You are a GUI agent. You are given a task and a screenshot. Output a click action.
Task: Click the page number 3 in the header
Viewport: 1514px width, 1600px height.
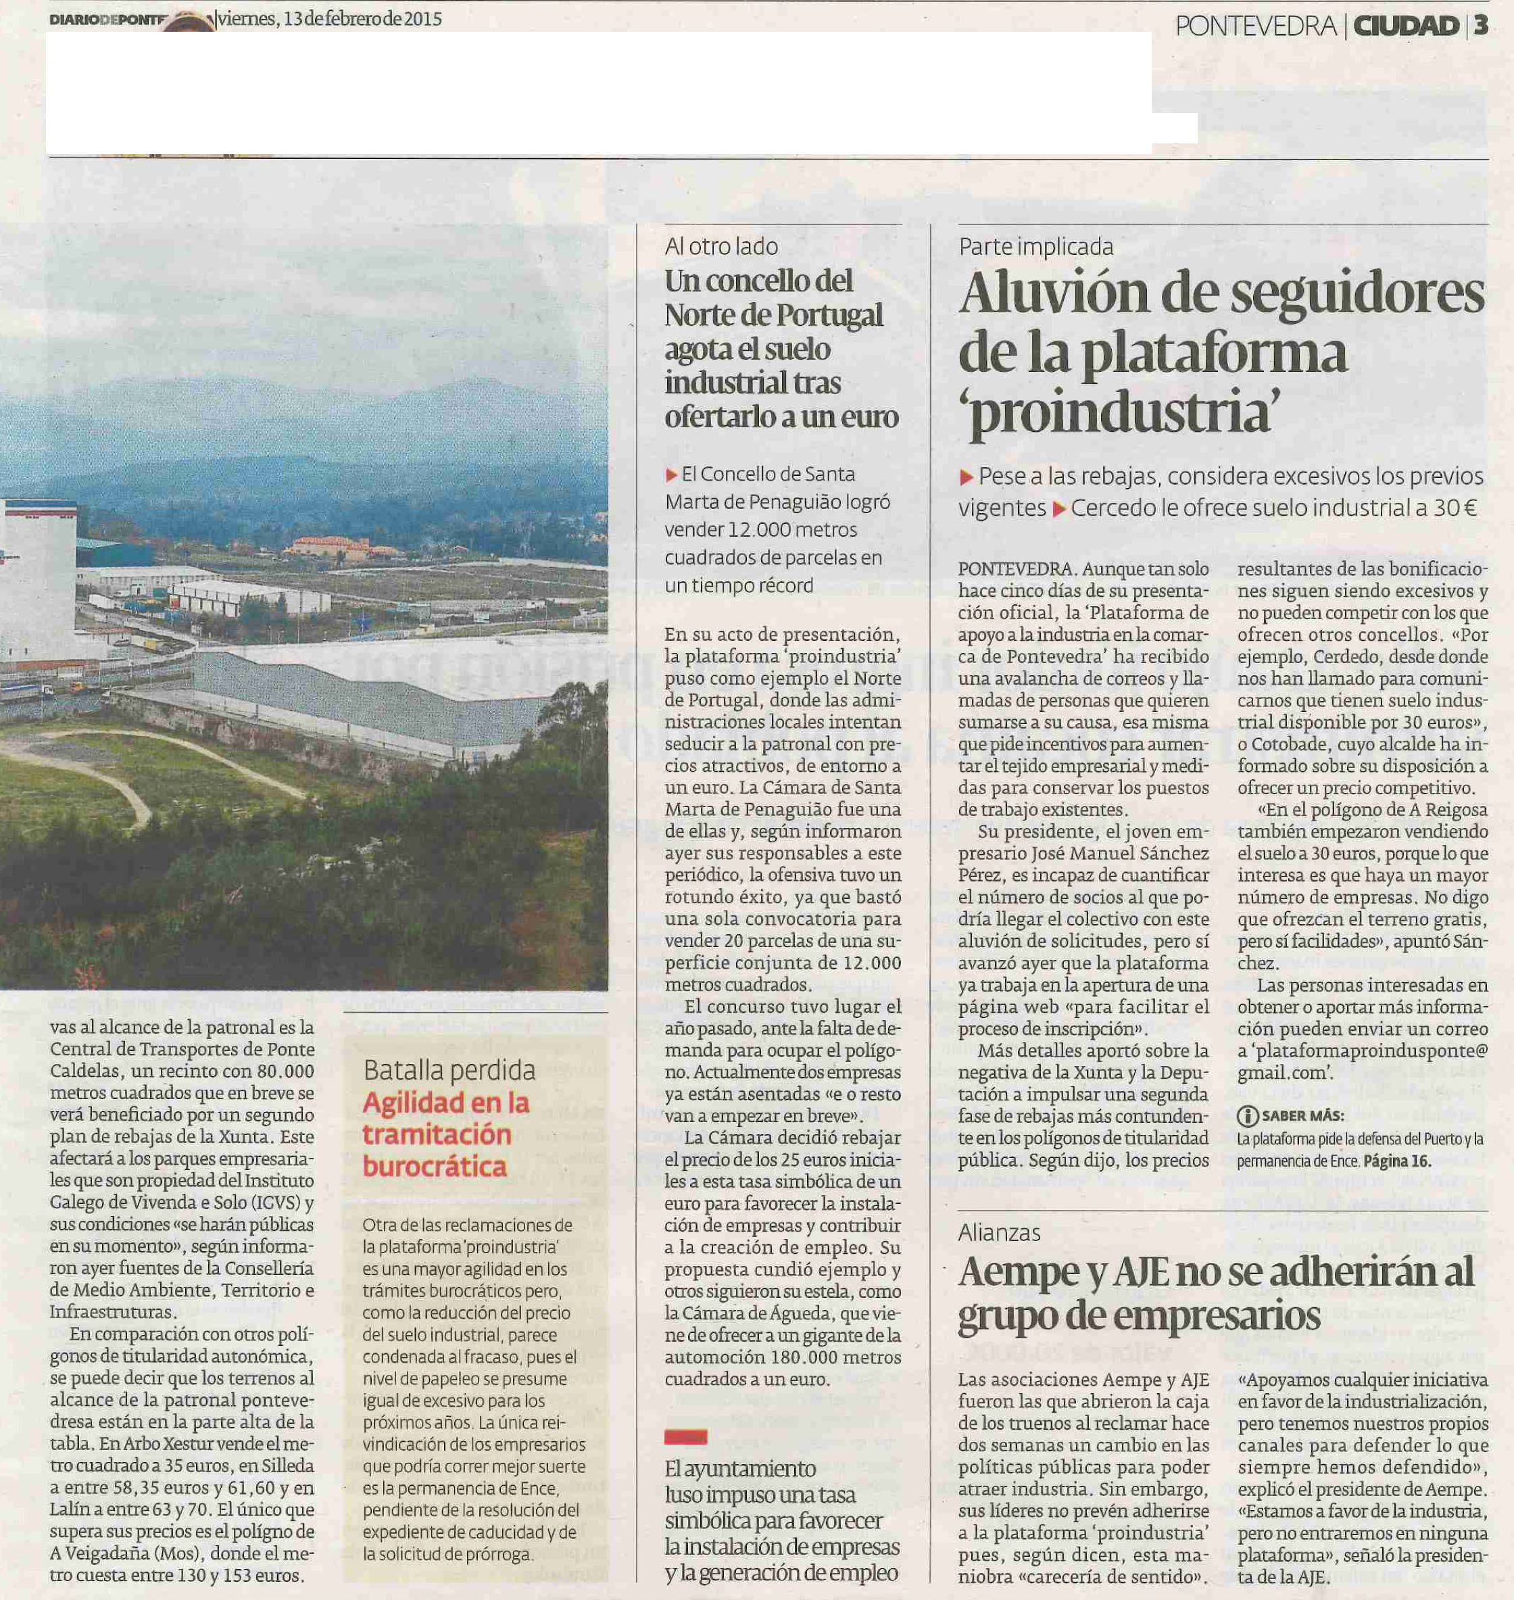click(1480, 26)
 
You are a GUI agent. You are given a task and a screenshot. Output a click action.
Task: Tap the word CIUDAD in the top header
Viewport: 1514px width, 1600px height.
click(1405, 26)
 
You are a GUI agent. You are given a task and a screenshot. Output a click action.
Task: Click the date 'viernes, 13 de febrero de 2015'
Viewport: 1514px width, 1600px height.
click(330, 18)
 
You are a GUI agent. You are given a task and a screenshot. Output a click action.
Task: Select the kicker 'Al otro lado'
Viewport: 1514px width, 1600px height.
click(721, 246)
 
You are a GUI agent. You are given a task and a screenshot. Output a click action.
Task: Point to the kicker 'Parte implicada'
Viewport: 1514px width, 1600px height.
click(1035, 246)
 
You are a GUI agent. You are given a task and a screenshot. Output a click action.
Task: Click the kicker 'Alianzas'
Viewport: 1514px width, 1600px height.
click(999, 1233)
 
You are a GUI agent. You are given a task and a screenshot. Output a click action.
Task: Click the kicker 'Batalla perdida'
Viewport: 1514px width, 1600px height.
click(449, 1071)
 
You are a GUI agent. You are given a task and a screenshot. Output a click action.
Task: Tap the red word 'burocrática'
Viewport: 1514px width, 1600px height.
click(434, 1167)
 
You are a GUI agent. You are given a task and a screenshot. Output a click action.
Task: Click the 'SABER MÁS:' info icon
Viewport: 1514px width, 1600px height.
click(1247, 1117)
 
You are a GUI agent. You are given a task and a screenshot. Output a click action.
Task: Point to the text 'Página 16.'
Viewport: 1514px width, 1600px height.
click(1397, 1162)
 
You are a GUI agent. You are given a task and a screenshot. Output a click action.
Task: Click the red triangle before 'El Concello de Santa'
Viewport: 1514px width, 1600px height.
click(671, 475)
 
